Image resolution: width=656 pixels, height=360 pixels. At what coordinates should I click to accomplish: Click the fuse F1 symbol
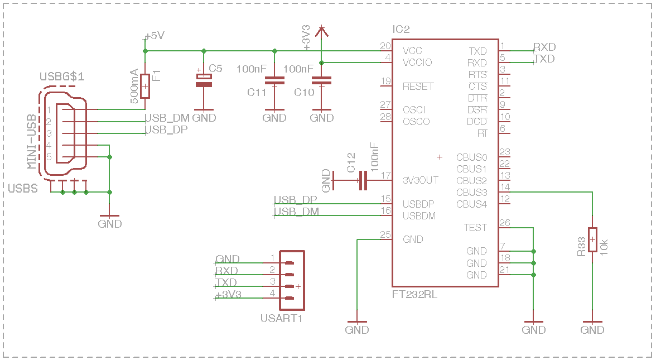[145, 86]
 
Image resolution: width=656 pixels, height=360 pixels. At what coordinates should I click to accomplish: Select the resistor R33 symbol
[592, 239]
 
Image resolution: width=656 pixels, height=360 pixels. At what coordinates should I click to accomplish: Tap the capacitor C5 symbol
[204, 79]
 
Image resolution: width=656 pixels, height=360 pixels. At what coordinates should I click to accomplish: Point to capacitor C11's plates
[274, 80]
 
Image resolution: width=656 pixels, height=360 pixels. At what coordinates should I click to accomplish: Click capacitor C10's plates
[321, 80]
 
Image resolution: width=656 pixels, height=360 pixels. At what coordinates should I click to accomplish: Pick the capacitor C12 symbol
[363, 180]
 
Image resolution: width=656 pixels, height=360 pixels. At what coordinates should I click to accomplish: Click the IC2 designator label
[401, 29]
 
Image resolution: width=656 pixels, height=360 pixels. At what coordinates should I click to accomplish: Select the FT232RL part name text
[414, 295]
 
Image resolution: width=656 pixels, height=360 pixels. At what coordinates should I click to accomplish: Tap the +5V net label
[155, 36]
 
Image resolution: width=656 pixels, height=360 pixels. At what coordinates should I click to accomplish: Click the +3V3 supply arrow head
[321, 30]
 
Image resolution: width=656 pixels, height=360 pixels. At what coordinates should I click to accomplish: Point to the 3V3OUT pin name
[421, 180]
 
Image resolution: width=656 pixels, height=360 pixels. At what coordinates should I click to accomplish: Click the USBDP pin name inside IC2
[418, 204]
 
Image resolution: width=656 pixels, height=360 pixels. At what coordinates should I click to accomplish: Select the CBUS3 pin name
[472, 193]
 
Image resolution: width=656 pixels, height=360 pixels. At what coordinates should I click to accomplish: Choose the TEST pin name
[475, 228]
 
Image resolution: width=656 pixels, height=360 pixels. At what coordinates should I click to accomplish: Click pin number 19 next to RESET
[386, 81]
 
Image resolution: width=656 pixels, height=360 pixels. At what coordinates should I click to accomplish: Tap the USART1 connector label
[281, 319]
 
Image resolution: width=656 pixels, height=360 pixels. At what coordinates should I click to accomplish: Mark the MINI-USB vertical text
[31, 142]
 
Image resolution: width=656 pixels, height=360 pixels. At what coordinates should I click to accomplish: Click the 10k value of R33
[604, 247]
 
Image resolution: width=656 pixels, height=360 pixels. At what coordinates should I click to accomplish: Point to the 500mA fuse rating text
[134, 86]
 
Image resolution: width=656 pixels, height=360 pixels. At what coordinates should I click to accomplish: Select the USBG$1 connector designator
[62, 76]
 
